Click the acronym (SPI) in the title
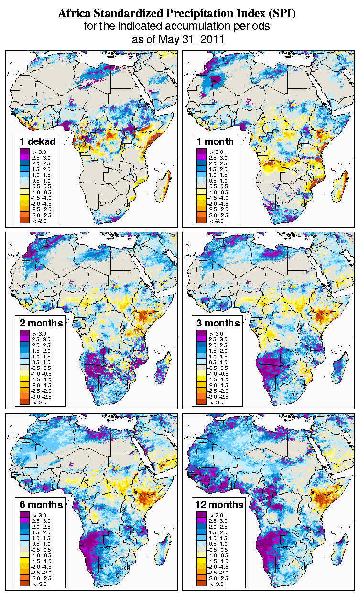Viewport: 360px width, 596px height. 281,14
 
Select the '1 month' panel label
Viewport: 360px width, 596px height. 215,141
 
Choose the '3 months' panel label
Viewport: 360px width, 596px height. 218,323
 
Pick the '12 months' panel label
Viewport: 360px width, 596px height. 219,504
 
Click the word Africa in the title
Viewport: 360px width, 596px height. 74,14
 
